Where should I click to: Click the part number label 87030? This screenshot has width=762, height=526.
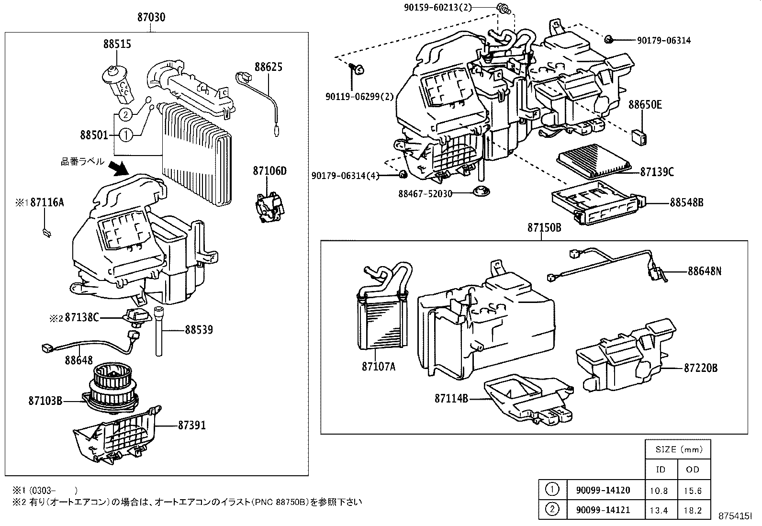tap(151, 18)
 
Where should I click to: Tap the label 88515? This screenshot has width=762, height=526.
tap(117, 44)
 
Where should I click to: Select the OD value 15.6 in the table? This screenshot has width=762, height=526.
tap(693, 491)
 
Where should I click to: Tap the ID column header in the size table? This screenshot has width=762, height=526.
tap(661, 470)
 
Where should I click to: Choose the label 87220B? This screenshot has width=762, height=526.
tap(701, 368)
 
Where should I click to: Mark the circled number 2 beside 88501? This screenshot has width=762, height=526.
tap(124, 114)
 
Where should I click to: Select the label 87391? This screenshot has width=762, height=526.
tap(192, 425)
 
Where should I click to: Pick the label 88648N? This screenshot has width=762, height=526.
tap(704, 271)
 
